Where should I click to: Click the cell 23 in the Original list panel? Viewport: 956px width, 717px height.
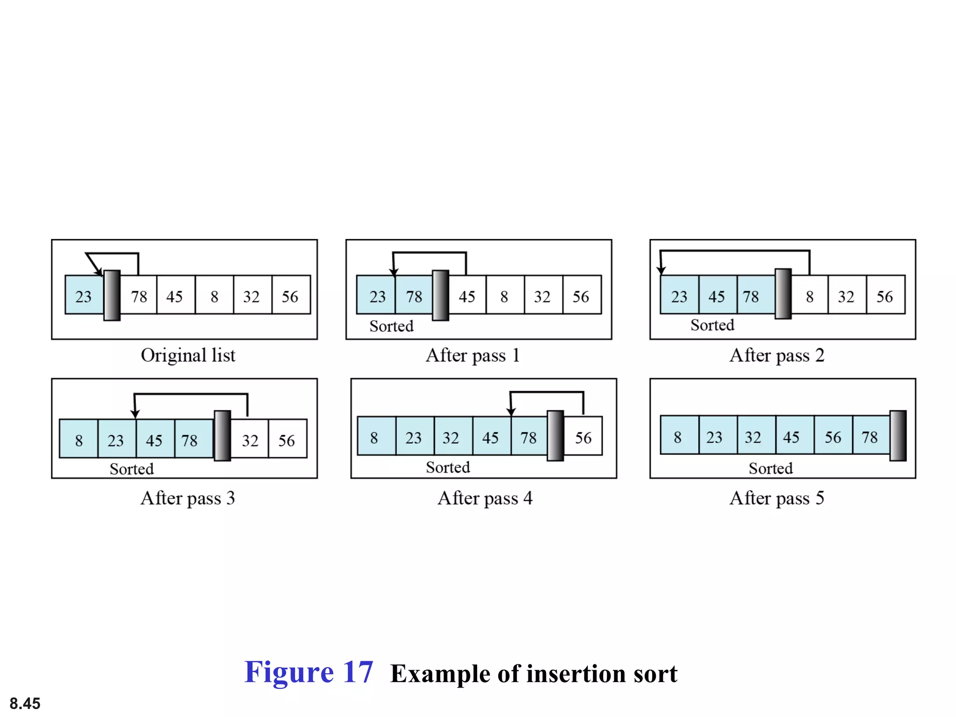pyautogui.click(x=84, y=295)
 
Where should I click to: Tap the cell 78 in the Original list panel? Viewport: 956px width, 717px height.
pyautogui.click(x=139, y=295)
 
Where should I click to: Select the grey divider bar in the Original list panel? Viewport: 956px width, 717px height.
pyautogui.click(x=112, y=295)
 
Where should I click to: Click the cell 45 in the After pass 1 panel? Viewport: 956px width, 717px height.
pyautogui.click(x=467, y=295)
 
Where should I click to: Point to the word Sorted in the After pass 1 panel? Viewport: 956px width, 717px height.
pyautogui.click(x=391, y=326)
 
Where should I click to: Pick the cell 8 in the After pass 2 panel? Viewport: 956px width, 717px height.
pyautogui.click(x=809, y=295)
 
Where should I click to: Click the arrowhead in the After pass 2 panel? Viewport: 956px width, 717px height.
pyautogui.click(x=661, y=270)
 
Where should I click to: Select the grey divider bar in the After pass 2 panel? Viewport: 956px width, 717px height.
pyautogui.click(x=783, y=294)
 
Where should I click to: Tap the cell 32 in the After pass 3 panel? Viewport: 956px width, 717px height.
pyautogui.click(x=250, y=439)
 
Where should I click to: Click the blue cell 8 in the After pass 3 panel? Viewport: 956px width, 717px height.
pyautogui.click(x=79, y=439)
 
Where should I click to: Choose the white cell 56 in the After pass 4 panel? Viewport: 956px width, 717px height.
pyautogui.click(x=583, y=436)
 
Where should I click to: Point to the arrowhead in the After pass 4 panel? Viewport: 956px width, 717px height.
pyautogui.click(x=511, y=412)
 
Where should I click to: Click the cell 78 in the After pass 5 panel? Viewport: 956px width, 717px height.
pyautogui.click(x=870, y=436)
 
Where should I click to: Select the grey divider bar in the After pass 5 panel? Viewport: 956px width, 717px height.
pyautogui.click(x=898, y=436)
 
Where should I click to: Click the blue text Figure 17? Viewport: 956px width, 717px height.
pyautogui.click(x=309, y=673)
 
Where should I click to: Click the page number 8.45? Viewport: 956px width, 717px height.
pyautogui.click(x=25, y=703)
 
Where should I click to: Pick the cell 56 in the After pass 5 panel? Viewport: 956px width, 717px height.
pyautogui.click(x=832, y=436)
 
